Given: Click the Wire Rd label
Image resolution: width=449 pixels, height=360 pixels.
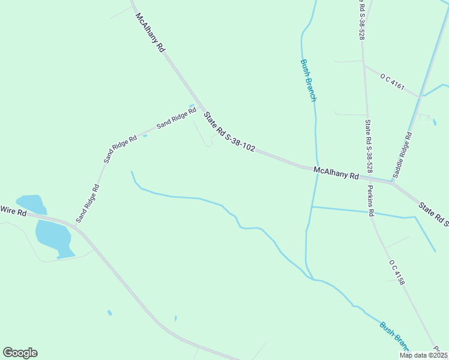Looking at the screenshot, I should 13,211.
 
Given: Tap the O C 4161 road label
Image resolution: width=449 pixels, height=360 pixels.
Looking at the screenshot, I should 392,81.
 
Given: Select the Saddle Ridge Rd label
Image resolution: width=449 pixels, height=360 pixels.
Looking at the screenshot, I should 402,155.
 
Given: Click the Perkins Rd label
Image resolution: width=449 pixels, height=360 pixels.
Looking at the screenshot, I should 371,204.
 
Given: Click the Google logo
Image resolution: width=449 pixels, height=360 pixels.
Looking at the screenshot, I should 20,353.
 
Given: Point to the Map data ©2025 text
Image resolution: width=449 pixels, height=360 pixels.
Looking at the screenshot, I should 423,355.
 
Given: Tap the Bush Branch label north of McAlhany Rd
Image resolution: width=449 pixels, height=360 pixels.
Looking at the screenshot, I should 308,81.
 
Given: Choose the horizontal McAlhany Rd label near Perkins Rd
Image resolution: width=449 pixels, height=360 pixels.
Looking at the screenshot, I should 336,174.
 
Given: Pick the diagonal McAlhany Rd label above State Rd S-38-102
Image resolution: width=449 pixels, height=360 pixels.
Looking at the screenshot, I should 150,34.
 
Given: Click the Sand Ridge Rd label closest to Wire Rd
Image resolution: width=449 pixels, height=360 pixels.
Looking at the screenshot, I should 88,203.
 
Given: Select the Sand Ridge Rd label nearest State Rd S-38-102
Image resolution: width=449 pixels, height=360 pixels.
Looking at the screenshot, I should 176,118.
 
